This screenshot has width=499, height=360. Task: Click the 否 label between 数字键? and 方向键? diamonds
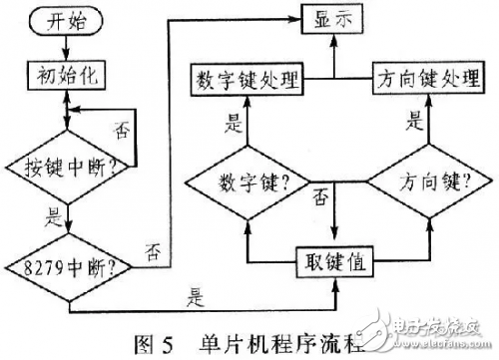[321, 198]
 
